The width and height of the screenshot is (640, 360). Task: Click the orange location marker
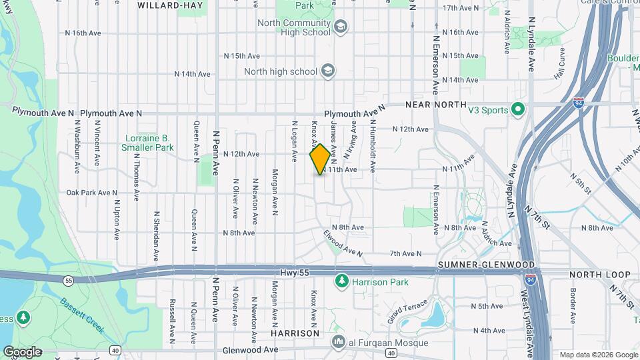[x=320, y=159]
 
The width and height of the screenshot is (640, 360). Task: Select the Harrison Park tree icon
[x=342, y=282]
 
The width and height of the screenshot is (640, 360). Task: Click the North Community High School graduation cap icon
[x=341, y=27]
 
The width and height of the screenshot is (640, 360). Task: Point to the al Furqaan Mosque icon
[x=339, y=342]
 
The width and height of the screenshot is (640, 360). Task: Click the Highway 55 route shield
[x=69, y=281]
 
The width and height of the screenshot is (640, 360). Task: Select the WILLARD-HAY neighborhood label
[x=169, y=5]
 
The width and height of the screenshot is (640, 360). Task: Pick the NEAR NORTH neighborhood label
[x=433, y=105]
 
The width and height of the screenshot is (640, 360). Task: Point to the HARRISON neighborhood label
[x=294, y=332]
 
